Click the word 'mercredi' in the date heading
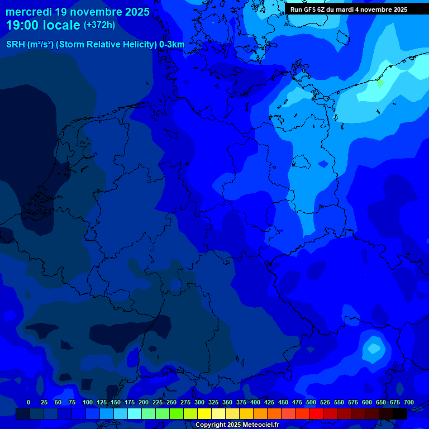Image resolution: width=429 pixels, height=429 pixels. [28, 11]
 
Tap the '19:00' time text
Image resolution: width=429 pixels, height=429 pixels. [23, 25]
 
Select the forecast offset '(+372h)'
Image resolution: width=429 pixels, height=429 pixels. [99, 25]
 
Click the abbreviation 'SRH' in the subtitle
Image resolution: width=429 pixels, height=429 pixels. [16, 45]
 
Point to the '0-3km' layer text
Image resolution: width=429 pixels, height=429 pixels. [172, 45]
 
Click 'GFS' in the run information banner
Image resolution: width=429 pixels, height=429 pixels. [313, 9]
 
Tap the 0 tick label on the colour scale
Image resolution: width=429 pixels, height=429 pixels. [28, 402]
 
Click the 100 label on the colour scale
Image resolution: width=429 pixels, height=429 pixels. [88, 402]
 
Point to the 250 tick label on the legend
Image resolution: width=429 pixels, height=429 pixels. [171, 402]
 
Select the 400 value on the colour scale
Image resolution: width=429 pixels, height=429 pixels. [255, 402]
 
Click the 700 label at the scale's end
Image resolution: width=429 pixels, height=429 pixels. [409, 402]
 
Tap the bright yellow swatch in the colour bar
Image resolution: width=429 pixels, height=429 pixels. [204, 413]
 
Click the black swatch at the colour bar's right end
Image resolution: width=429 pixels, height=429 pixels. [400, 413]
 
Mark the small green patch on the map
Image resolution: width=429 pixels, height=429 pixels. [380, 83]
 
